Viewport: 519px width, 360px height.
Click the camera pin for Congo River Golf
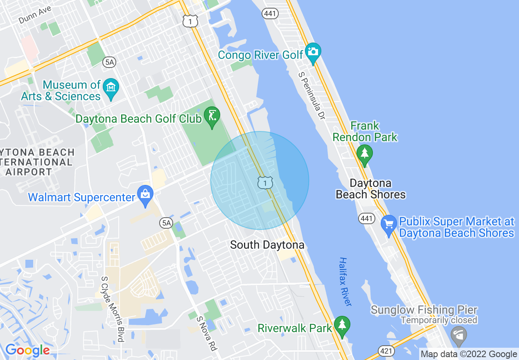coord(313,52)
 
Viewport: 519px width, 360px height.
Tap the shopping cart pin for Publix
coord(388,225)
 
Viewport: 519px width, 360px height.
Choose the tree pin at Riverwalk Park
coord(342,326)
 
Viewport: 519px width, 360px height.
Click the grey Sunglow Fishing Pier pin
coord(458,335)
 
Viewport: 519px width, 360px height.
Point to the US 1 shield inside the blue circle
coord(265,182)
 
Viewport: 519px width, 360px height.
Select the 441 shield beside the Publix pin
coord(367,218)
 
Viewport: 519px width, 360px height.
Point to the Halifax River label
coord(345,281)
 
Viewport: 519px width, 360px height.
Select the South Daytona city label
coord(267,245)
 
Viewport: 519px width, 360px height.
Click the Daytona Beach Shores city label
coord(371,189)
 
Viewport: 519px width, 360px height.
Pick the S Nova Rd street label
coord(206,333)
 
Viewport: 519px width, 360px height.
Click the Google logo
coord(27,350)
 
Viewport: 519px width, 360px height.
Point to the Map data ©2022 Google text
coord(469,354)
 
